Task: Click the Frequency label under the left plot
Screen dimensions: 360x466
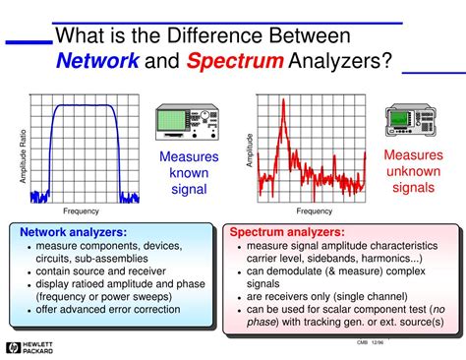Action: (82, 211)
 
